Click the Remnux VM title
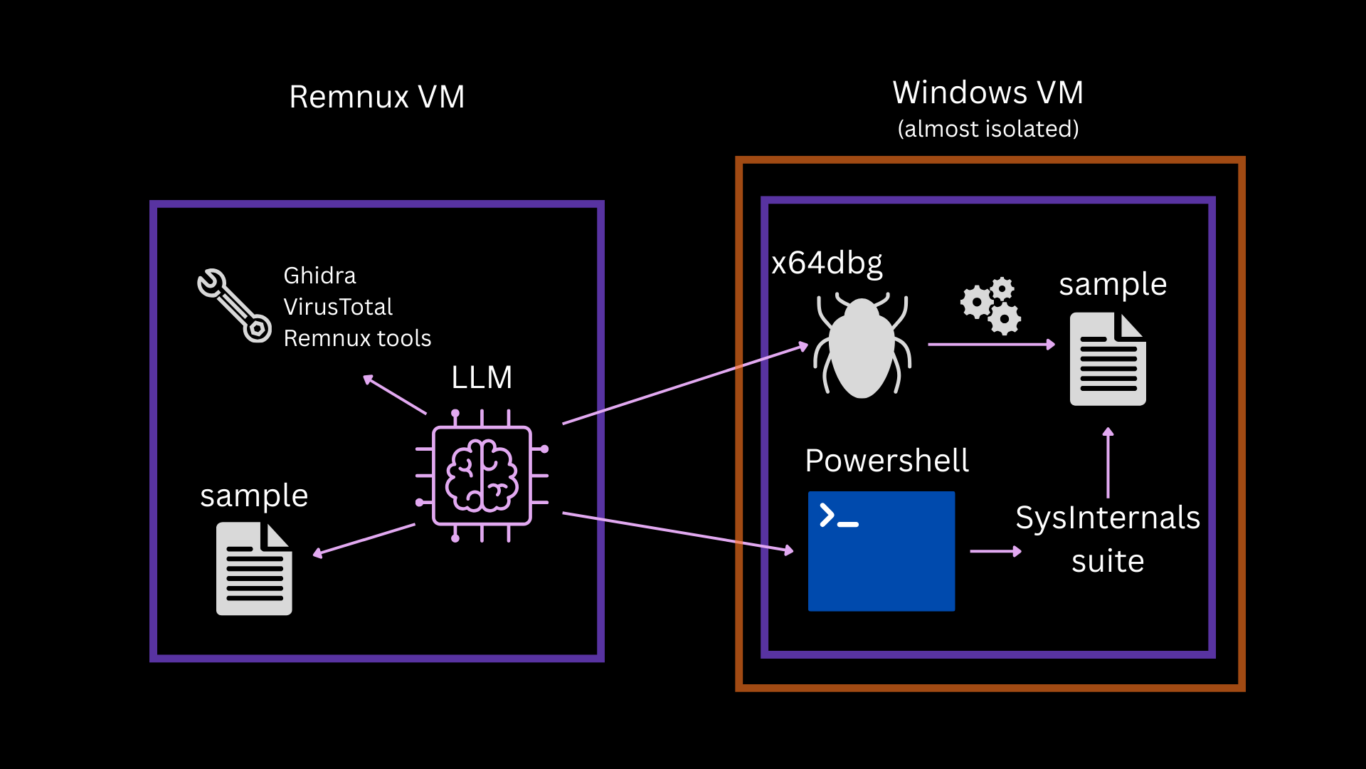[376, 97]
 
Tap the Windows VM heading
[988, 93]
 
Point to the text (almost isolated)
[988, 129]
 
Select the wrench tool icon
[234, 305]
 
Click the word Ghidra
[319, 276]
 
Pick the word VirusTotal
[338, 307]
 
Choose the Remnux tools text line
[357, 338]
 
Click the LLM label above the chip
[482, 377]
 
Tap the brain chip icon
[482, 476]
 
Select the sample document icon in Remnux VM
[254, 569]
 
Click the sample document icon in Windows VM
[1108, 359]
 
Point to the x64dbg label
[827, 263]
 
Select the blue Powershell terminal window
[881, 551]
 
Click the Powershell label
[886, 461]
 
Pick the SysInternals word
[1107, 518]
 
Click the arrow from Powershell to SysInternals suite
[995, 551]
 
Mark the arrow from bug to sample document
[991, 345]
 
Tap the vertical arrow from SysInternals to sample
[1108, 463]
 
